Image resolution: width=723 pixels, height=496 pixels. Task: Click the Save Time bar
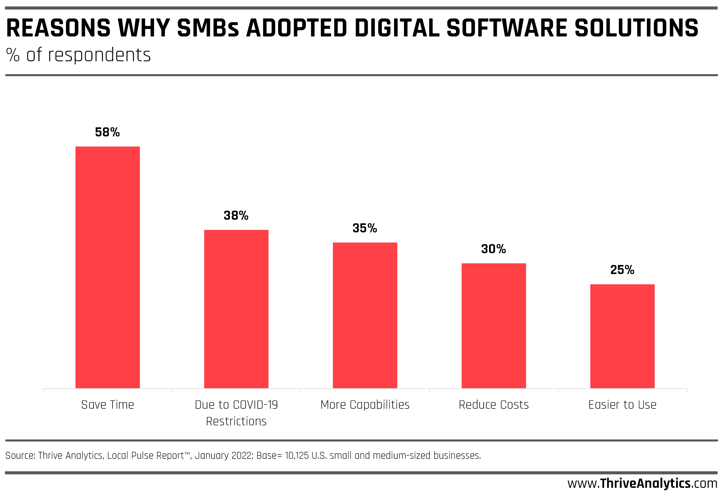[107, 267]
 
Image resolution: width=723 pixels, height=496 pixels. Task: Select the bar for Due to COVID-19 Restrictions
[236, 309]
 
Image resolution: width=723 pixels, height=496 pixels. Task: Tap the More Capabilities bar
[365, 315]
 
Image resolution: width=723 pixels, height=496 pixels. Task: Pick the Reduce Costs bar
[494, 326]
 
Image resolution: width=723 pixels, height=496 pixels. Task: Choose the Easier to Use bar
[622, 336]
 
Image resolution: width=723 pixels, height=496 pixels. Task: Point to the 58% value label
[107, 132]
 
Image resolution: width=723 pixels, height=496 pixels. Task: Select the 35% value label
[365, 228]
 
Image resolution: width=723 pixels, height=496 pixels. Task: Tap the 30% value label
[494, 249]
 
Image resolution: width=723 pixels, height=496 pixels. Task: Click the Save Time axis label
[107, 405]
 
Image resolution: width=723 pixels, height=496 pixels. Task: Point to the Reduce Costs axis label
[494, 405]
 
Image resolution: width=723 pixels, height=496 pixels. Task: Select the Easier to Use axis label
[622, 405]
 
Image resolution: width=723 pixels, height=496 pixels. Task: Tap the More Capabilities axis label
[365, 405]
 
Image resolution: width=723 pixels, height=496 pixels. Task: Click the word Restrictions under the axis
[236, 421]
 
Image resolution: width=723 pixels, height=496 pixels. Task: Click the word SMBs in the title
[208, 28]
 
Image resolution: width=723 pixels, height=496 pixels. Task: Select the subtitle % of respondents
[78, 55]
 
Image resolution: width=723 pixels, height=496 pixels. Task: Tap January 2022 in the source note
[223, 456]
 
